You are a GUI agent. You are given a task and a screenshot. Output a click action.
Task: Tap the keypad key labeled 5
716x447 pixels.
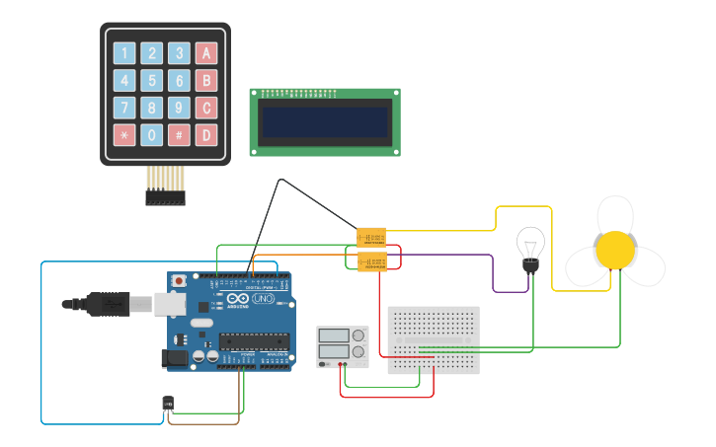(151, 81)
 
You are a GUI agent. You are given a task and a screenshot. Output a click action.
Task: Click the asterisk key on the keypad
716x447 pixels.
(124, 134)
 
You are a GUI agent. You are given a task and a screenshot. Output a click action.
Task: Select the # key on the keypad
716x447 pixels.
(179, 134)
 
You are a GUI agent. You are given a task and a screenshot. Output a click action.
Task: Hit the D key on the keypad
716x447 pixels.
(205, 134)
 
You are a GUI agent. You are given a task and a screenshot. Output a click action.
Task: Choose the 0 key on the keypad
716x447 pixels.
(151, 134)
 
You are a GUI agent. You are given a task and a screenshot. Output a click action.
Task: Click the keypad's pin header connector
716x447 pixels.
(165, 197)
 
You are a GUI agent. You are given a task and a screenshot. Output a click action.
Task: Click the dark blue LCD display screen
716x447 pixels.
(324, 122)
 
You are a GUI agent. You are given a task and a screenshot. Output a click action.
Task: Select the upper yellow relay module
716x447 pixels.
(371, 238)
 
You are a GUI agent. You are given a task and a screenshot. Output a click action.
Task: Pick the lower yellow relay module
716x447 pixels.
(371, 261)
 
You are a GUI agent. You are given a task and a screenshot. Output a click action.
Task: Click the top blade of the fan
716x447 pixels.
(615, 214)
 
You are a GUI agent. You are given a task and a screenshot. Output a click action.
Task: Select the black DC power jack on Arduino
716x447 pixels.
(176, 359)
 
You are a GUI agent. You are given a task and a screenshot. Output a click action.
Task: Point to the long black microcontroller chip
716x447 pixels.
(254, 341)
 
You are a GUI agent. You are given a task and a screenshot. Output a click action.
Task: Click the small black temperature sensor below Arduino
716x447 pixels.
(167, 403)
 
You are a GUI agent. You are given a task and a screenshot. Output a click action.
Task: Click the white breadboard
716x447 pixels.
(434, 339)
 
